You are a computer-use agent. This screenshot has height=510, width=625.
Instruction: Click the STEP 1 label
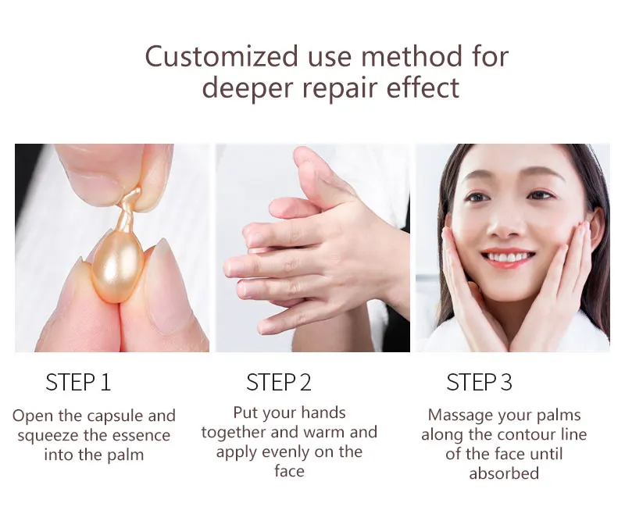[78, 382]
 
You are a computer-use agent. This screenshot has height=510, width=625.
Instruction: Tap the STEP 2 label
[279, 382]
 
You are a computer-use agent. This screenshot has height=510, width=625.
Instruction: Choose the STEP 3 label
[479, 382]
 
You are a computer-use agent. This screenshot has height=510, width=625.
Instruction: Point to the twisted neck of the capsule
[132, 205]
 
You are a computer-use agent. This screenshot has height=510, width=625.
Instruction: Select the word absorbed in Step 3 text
[504, 473]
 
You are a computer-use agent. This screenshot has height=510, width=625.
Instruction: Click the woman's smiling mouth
[509, 257]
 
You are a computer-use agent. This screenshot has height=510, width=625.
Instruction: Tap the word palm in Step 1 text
[124, 454]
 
